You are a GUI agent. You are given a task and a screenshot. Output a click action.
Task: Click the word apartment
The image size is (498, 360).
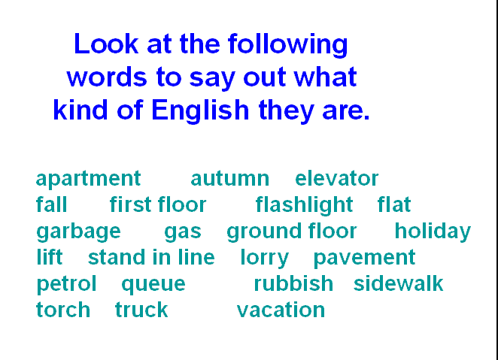pos(88,179)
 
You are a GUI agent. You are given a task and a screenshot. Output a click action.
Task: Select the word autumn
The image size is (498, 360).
pos(230,179)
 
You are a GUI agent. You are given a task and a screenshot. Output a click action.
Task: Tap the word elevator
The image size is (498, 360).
pos(337,178)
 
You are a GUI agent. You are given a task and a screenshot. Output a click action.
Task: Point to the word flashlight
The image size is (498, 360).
pos(304,205)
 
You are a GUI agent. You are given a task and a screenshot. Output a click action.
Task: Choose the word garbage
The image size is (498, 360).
pos(78,232)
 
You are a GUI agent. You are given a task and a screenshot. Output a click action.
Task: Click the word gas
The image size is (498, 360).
pos(183,232)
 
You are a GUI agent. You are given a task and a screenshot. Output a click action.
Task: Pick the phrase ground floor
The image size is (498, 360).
pos(292,232)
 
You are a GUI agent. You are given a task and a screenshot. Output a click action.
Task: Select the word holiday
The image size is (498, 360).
pos(433,232)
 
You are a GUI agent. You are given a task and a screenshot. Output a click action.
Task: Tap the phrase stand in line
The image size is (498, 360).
pos(151,257)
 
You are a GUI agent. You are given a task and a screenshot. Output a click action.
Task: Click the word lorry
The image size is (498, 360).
pos(265,259)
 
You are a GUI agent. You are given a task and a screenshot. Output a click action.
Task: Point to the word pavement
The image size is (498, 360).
pos(364,259)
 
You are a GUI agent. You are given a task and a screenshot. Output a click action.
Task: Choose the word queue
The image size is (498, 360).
pos(153,285)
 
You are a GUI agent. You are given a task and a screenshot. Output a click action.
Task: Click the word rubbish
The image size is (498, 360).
pos(293,283)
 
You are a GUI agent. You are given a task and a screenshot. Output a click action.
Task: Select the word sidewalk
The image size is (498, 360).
pos(398,283)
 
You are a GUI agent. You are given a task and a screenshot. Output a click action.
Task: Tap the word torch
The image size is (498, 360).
pos(63,310)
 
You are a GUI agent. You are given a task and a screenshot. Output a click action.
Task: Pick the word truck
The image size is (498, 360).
pos(141,310)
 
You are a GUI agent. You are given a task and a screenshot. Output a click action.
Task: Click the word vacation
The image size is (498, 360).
pos(281,310)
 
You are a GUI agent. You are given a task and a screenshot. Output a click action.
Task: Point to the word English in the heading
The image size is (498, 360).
pos(200,111)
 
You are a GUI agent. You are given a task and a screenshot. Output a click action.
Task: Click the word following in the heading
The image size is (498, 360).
pos(288,45)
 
